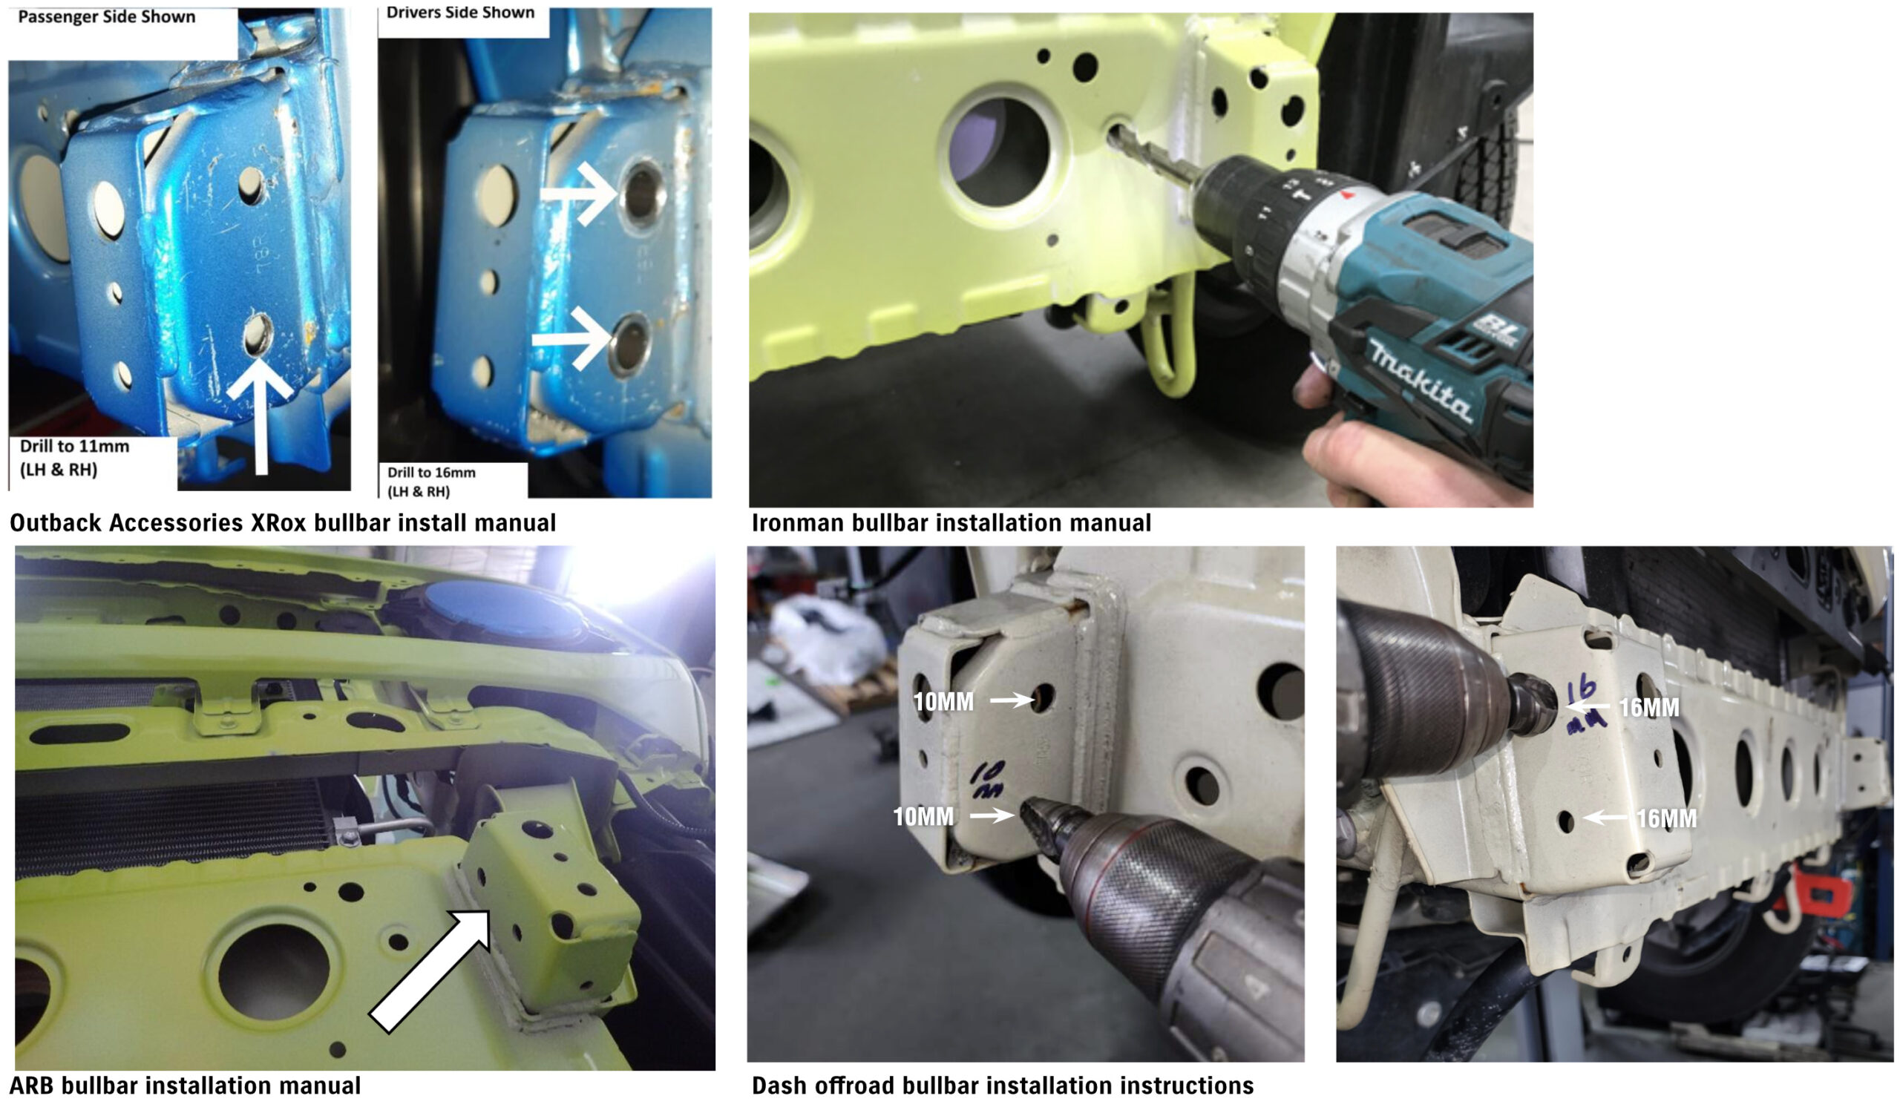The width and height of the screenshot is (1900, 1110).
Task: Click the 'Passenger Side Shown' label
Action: pyautogui.click(x=106, y=16)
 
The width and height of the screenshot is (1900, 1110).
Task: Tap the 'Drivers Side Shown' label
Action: pyautogui.click(x=460, y=12)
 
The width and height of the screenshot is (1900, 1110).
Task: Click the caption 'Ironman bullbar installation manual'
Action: pyautogui.click(x=951, y=523)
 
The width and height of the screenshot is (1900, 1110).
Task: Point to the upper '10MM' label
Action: pyautogui.click(x=943, y=703)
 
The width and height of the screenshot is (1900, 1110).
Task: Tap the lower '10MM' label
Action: pyautogui.click(x=923, y=816)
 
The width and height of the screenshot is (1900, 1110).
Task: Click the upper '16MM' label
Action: pyautogui.click(x=1649, y=708)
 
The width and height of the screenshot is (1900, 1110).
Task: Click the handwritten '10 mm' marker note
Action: pyautogui.click(x=987, y=781)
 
